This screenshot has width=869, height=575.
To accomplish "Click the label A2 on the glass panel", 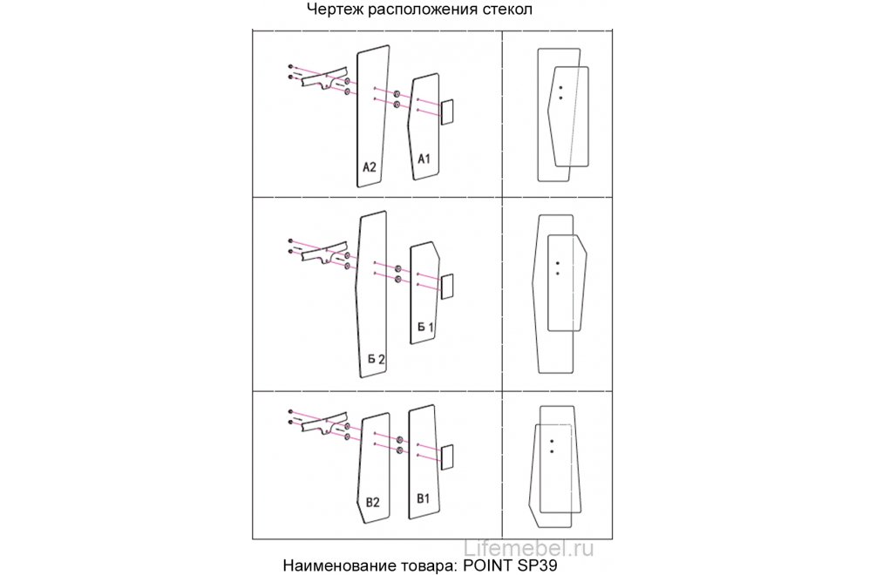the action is (370, 166).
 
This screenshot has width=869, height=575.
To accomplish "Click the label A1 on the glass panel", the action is (424, 159).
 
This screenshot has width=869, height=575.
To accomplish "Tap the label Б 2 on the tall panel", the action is (377, 360).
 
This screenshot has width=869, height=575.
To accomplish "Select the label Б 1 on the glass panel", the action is (425, 327).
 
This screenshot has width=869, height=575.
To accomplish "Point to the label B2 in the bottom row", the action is (373, 503).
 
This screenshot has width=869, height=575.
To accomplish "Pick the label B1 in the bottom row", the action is (424, 498).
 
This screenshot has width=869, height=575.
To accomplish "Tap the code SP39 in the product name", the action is (538, 565).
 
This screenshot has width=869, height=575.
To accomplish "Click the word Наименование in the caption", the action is (337, 565).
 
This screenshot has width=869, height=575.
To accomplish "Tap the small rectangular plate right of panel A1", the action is (446, 112).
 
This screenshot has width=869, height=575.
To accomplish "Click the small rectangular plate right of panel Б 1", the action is (446, 287).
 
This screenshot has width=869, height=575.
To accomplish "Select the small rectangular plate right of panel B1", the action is (446, 457).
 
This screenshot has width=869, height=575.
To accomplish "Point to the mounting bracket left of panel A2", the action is (323, 79).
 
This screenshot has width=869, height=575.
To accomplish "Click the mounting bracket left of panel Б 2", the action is (323, 254).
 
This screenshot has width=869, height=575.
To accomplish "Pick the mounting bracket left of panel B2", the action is (323, 423).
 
